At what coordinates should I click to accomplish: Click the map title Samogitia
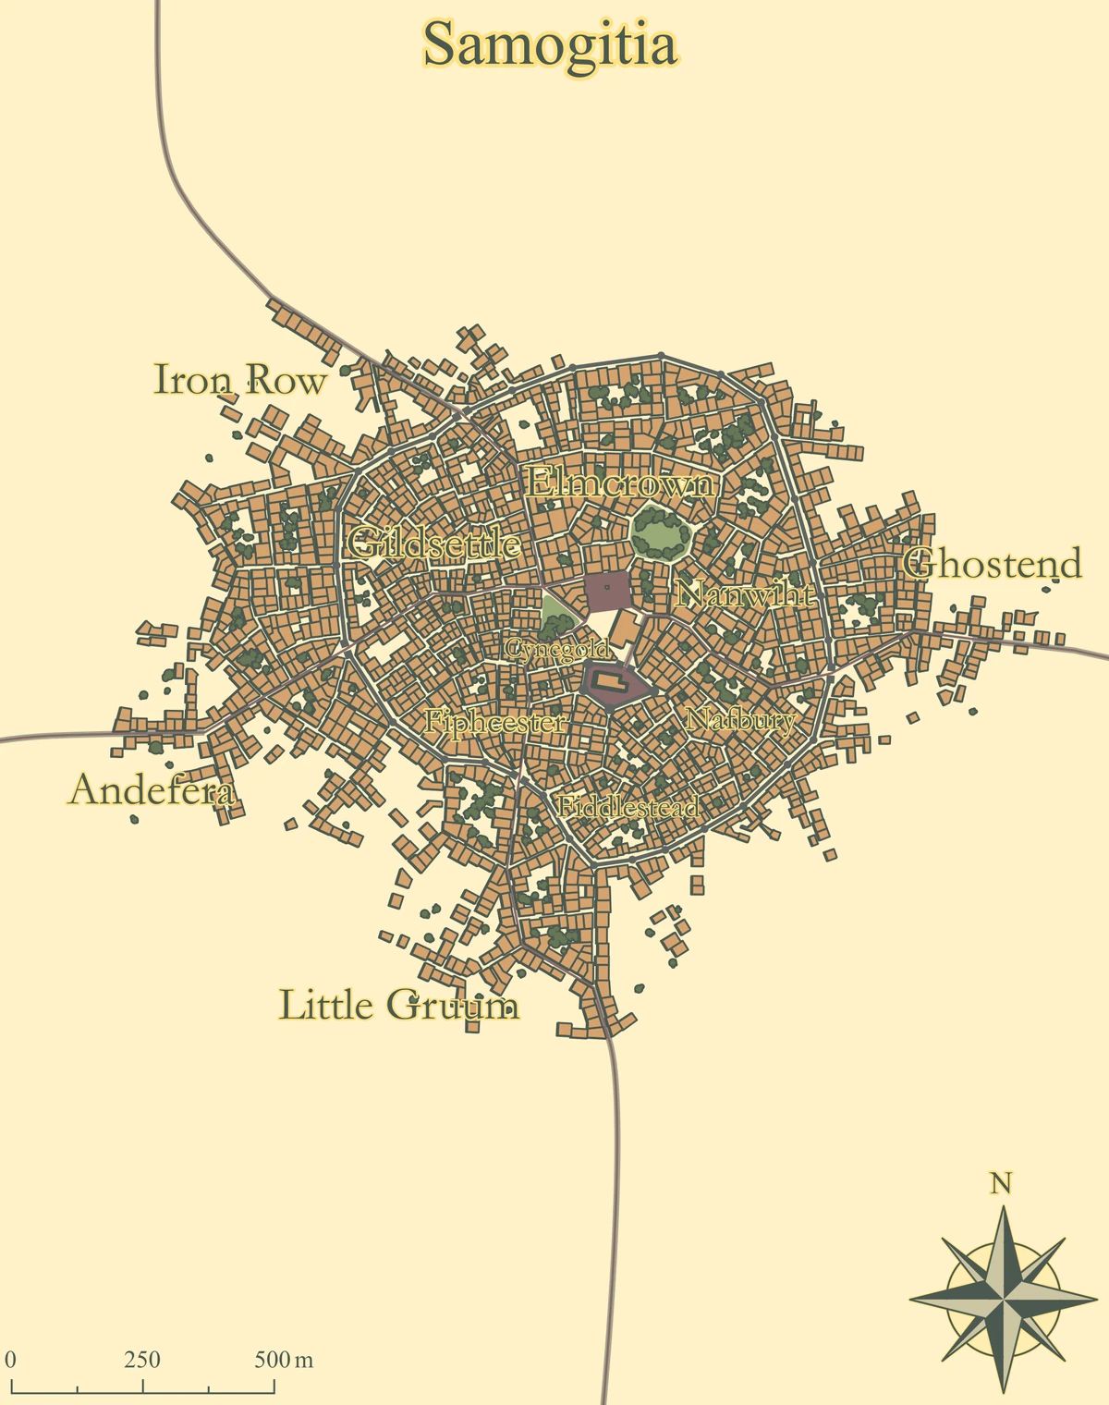551,44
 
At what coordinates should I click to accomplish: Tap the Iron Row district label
239,380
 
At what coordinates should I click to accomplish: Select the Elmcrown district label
620,483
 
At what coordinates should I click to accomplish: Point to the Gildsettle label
433,544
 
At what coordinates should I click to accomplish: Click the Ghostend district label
992,564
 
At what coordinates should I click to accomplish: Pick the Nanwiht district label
745,593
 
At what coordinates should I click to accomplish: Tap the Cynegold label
557,650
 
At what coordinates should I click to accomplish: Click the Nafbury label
740,719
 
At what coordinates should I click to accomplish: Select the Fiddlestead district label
628,806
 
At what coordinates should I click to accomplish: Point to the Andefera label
152,790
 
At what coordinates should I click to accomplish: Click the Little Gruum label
398,1005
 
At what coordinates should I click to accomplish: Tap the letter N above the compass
1000,1183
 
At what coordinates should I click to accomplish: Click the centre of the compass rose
1003,1299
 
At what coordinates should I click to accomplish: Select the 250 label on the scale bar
142,1360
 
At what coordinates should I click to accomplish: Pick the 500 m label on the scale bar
284,1360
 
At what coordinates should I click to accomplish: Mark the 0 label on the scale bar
11,1360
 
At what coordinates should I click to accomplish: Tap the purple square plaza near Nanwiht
607,592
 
